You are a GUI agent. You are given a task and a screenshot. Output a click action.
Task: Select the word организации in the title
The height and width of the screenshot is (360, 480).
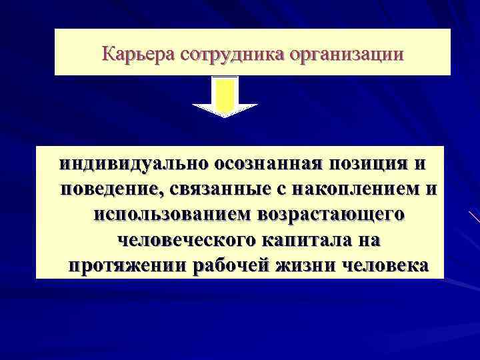[x=345, y=53]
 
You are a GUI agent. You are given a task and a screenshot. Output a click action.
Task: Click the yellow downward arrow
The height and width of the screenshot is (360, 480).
[x=225, y=97]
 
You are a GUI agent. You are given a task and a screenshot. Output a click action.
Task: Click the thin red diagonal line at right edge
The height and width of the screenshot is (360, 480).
[x=474, y=217]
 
